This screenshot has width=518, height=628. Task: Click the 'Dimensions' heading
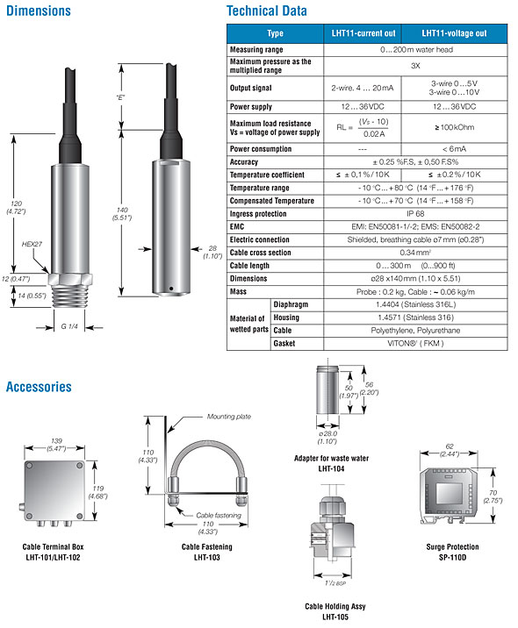39,11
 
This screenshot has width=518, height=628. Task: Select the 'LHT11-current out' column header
363,33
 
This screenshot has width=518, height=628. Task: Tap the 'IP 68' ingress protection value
415,213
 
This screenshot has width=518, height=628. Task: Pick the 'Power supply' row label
251,107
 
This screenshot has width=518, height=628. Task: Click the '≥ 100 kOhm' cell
454,127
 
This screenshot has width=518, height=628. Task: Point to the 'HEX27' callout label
32,244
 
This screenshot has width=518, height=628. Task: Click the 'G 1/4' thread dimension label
69,326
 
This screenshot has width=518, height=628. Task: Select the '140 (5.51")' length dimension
122,213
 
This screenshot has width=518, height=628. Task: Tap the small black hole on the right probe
171,289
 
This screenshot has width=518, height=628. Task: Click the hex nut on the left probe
70,279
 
